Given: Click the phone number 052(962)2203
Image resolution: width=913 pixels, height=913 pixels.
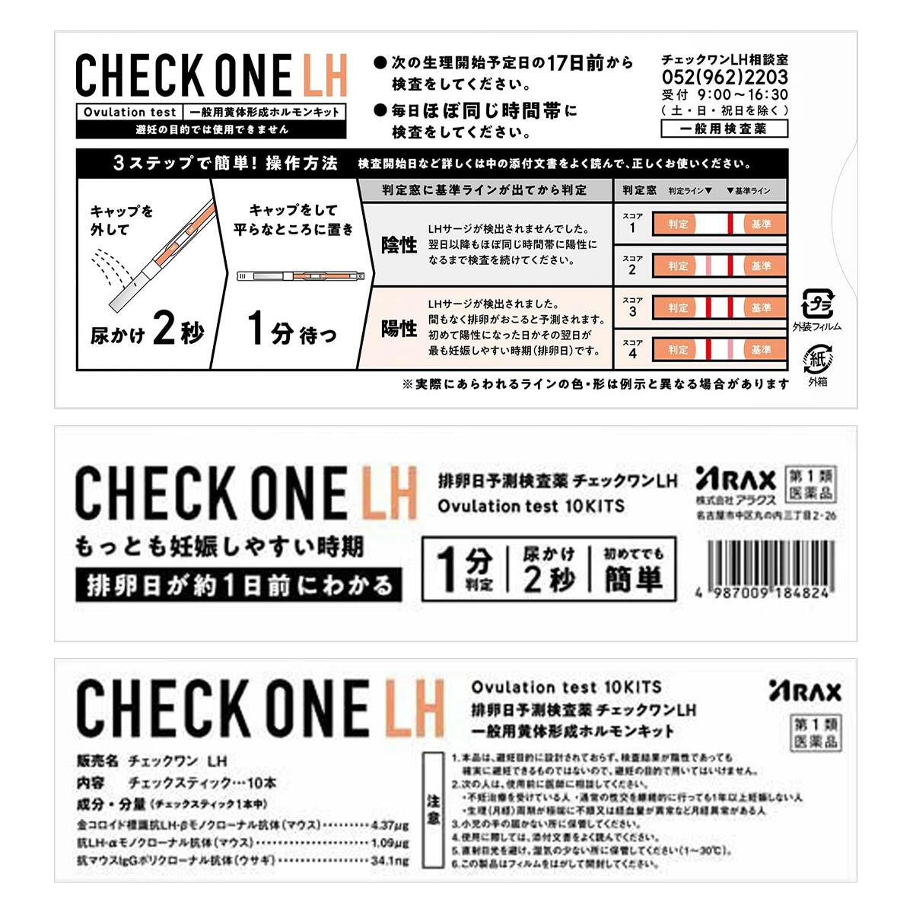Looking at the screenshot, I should click(724, 77).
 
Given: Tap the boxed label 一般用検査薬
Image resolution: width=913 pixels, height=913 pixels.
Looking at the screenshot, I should click(724, 129).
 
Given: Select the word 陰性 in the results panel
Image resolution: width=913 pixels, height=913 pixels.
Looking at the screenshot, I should click(399, 244).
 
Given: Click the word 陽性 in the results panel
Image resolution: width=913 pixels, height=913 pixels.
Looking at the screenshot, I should click(399, 328).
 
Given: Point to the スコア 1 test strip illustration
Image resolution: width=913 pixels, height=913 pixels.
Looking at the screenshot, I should click(718, 224).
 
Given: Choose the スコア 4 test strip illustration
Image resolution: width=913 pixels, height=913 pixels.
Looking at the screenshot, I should click(718, 349).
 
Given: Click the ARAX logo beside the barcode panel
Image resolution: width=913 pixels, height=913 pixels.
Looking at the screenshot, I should click(735, 480).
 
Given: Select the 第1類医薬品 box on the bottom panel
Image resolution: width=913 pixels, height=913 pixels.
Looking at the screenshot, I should click(816, 731).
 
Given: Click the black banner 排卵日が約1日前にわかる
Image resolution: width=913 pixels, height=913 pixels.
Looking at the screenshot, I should click(238, 585).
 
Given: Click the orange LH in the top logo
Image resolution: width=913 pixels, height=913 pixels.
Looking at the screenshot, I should click(324, 75).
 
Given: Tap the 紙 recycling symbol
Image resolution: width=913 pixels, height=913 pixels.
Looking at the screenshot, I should click(817, 358).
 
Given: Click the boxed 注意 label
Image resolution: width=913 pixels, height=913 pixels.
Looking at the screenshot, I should click(433, 810).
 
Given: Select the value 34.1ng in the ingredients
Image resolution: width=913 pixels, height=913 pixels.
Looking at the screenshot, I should click(390, 861).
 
